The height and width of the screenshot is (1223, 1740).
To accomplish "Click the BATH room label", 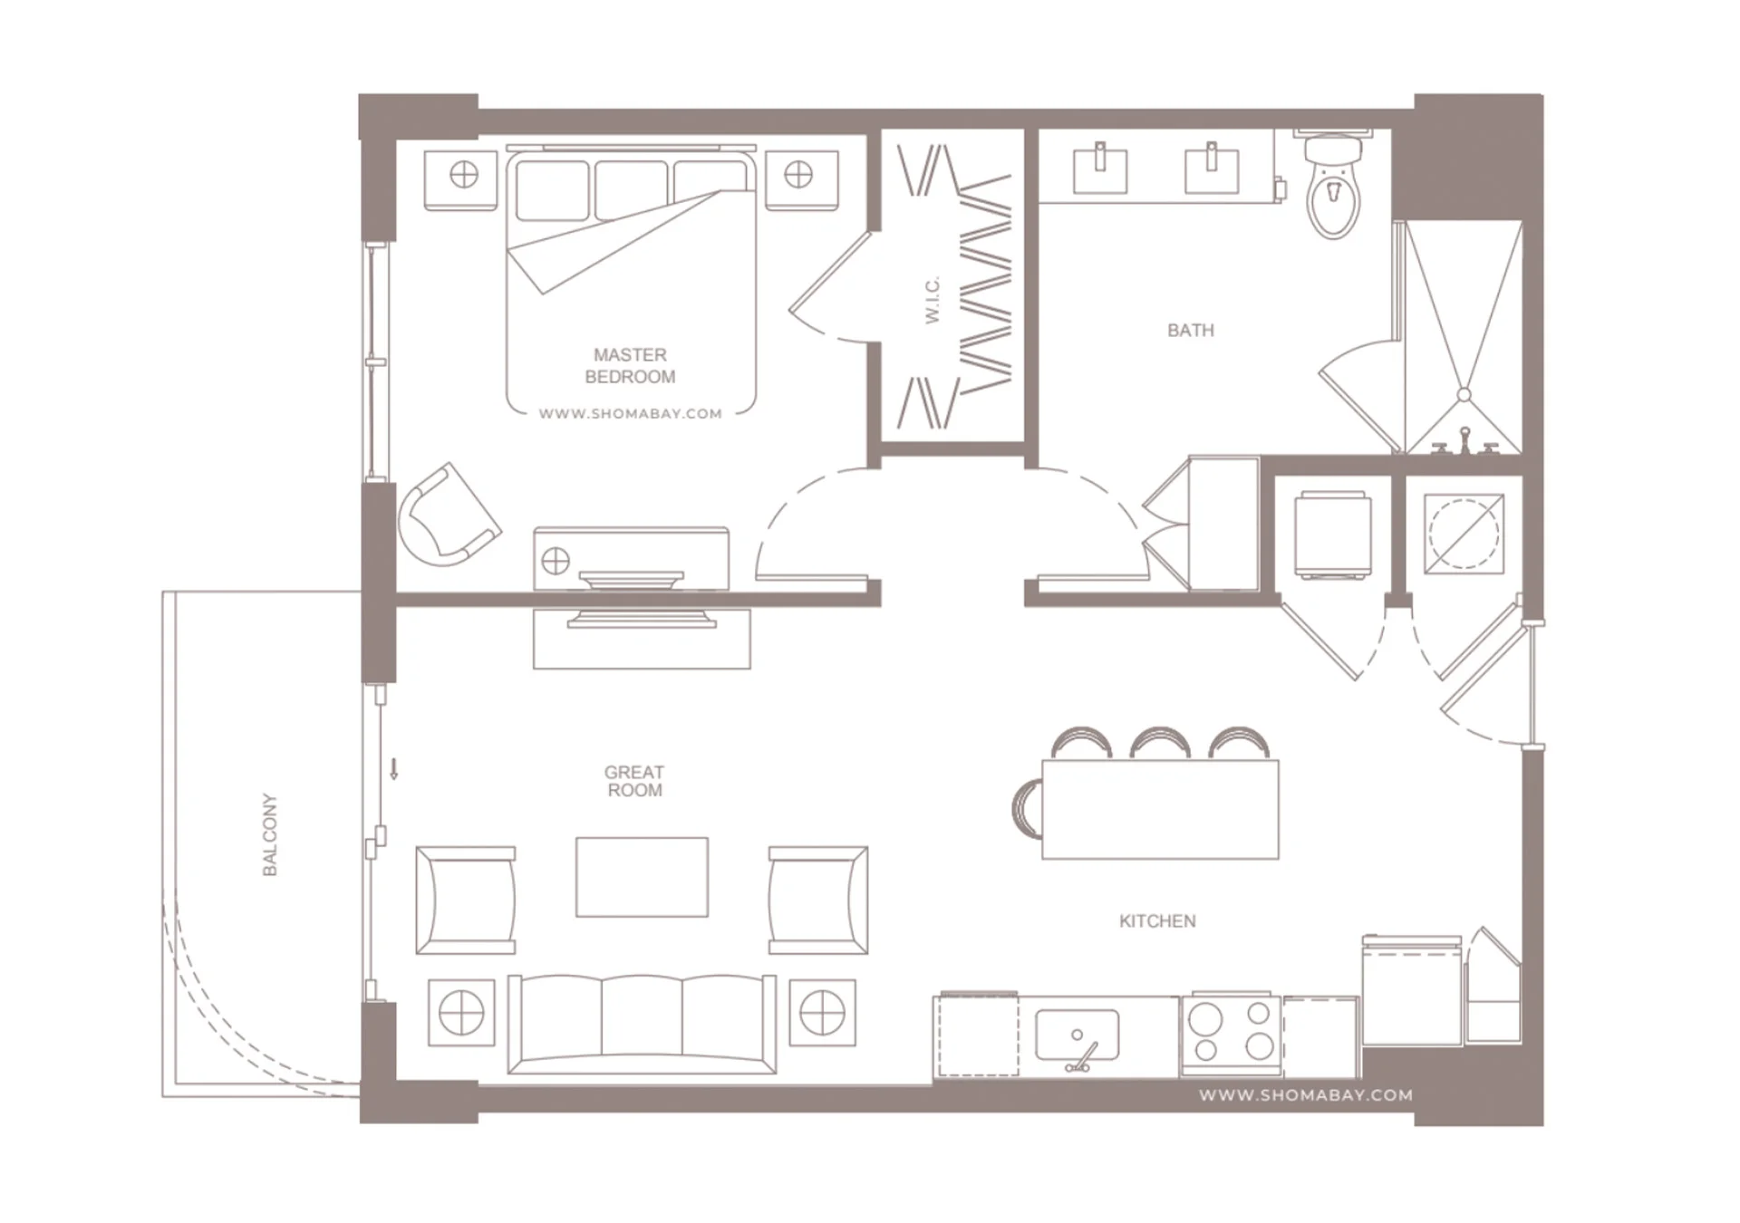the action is [1190, 331].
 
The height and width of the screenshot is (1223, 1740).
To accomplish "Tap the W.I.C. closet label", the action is [933, 300].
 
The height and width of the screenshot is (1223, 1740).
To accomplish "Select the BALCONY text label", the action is [269, 834].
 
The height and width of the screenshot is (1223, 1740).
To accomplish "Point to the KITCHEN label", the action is [1157, 921].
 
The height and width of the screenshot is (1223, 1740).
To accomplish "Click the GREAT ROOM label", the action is [634, 781].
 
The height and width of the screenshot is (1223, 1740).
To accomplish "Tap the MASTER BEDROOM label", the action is [630, 366].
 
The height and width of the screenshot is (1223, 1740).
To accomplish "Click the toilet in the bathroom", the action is [1333, 184].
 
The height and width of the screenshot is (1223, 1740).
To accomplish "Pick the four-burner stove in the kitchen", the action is [1232, 1034].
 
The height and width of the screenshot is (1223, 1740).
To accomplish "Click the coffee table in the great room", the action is [642, 877].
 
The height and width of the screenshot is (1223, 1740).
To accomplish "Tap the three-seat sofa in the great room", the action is [642, 1024].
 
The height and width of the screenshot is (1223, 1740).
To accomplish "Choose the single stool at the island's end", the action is [1028, 808].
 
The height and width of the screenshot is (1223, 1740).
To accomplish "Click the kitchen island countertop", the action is [1160, 810].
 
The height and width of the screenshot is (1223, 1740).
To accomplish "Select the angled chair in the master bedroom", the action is [448, 515].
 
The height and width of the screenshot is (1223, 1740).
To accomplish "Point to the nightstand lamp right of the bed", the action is [798, 174].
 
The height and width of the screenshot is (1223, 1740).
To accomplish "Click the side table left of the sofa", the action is [461, 1013].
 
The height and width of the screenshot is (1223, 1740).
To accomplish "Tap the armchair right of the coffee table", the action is [818, 900].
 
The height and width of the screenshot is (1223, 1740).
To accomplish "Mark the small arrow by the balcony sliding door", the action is [394, 769].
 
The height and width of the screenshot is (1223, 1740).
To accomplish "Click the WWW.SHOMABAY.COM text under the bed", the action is [630, 414].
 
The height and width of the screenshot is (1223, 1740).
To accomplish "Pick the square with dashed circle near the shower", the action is [1464, 534].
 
